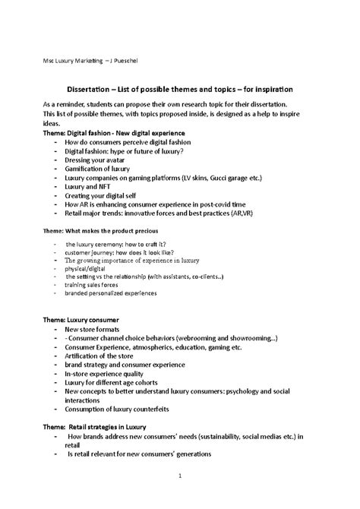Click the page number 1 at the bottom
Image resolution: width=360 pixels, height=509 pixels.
tap(180, 477)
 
